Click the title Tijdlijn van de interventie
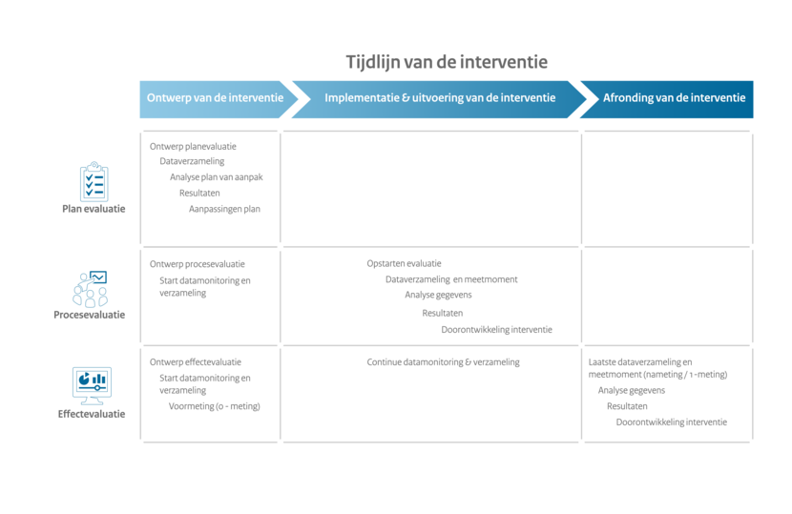point(447,62)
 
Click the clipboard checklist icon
point(94,182)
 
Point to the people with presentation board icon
point(91,289)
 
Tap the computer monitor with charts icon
point(92,386)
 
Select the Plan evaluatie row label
point(94,209)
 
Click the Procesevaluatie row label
point(90,315)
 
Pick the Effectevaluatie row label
point(92,414)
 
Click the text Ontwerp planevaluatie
point(193,147)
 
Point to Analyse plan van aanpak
point(217,177)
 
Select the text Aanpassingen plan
point(225,209)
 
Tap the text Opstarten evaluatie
point(404,263)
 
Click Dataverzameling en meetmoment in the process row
point(451,279)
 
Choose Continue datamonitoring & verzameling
point(443,362)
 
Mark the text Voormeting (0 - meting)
point(214,406)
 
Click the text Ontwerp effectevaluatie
point(196,362)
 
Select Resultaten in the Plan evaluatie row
point(199,193)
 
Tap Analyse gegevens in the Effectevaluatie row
point(632,390)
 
